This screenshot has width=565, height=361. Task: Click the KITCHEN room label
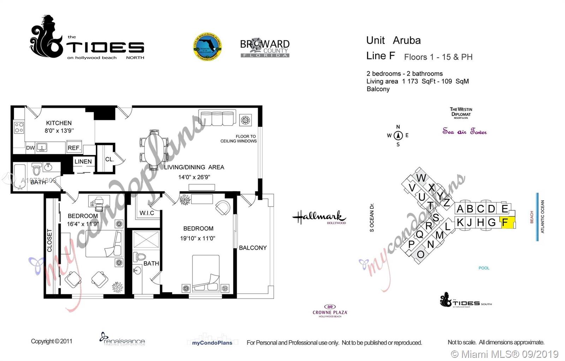coord(59,123)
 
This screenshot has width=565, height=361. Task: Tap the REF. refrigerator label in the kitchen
coord(74,148)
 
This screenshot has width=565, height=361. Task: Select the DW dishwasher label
coord(30,148)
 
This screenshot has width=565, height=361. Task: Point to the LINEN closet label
coord(83,162)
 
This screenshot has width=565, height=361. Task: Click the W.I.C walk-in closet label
coord(147,213)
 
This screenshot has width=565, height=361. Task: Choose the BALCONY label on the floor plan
coord(253,248)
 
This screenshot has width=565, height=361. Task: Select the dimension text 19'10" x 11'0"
coord(198,238)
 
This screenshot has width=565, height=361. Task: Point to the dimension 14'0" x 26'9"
coord(194,177)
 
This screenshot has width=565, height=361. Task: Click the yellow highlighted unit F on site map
coord(508,223)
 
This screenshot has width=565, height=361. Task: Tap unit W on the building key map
coord(421,178)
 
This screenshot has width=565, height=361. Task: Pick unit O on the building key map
coord(420,254)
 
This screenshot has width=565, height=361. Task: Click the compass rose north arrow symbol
coord(398,135)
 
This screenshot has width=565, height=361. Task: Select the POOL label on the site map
coord(484,268)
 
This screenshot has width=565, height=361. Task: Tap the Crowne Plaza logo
coord(330,311)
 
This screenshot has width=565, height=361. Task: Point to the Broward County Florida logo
coord(265,48)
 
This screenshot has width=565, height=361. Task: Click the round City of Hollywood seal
coord(208,47)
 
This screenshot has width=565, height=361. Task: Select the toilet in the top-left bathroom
coord(37,169)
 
